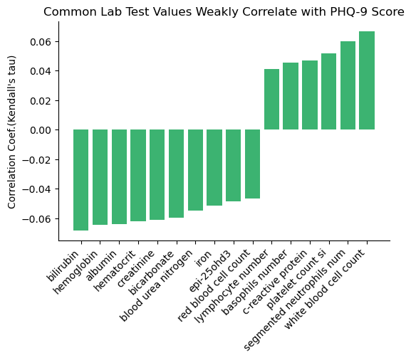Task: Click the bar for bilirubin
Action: point(80,179)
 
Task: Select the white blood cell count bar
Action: point(367,80)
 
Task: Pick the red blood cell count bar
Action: point(252,164)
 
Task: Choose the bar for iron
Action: point(214,167)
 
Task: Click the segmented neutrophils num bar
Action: point(348,85)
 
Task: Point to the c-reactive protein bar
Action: point(310,95)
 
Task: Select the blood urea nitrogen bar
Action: point(195,170)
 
